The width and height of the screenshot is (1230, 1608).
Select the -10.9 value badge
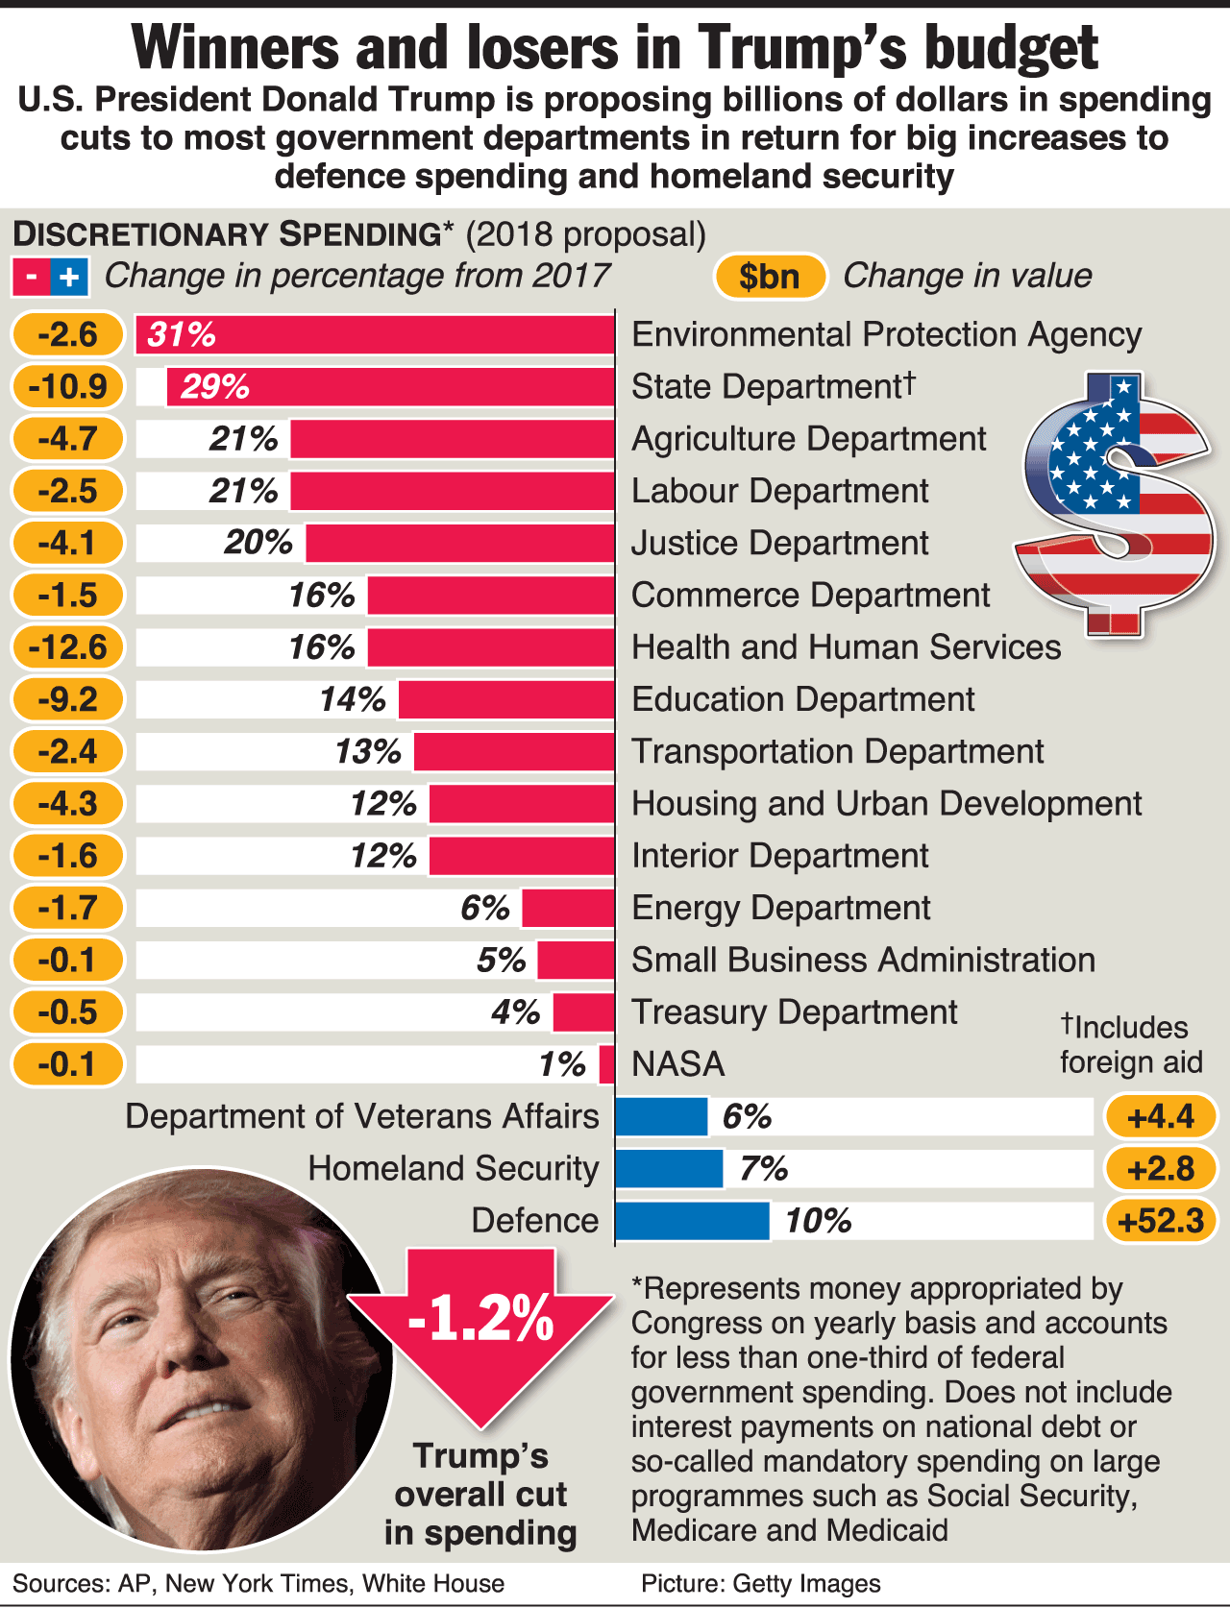click(68, 387)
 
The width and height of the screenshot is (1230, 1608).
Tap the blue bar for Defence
click(692, 1221)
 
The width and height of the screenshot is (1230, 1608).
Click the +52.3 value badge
click(1161, 1221)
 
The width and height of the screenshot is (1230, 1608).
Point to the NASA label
click(678, 1064)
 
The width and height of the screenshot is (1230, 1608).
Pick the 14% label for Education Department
click(353, 699)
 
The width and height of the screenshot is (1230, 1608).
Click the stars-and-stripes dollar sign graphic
click(1115, 504)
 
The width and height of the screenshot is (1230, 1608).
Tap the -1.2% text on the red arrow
click(480, 1318)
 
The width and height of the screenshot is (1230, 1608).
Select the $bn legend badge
click(770, 277)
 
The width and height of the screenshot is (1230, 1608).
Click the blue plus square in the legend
click(69, 278)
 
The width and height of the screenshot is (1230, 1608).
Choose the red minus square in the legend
click(31, 278)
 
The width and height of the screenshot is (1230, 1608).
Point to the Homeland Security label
click(454, 1169)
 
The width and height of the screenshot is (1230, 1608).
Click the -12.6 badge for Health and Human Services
click(68, 647)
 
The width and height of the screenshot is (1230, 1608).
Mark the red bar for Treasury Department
click(583, 1012)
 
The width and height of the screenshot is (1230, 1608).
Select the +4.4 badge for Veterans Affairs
click(1161, 1116)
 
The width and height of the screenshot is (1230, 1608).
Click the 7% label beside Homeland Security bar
click(764, 1169)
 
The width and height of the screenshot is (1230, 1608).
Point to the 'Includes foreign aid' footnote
click(1131, 1045)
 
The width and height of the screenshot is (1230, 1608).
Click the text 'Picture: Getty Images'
click(761, 1584)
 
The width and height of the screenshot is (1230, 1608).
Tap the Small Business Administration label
click(863, 961)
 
